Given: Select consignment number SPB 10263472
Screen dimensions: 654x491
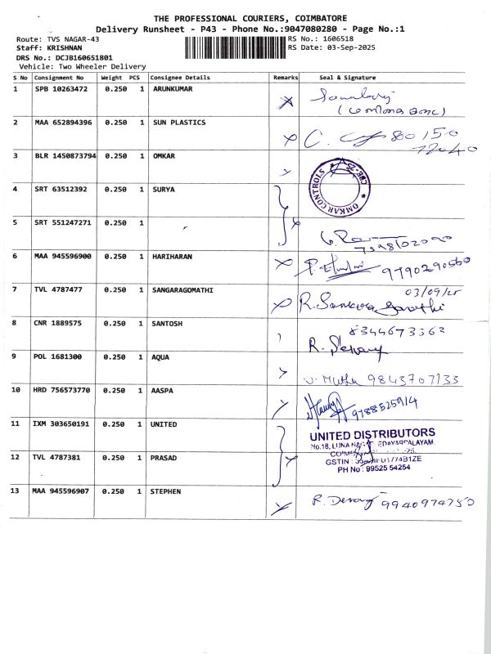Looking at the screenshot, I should (61, 88).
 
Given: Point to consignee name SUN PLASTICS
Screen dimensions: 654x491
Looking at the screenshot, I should (179, 122).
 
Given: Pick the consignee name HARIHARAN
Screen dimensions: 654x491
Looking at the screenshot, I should (173, 256).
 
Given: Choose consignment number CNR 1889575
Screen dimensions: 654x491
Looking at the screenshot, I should (57, 323).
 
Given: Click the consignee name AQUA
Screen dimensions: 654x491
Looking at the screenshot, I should (162, 356).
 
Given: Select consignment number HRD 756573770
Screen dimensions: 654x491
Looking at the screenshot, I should (63, 390).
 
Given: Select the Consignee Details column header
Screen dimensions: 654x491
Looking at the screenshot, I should (180, 78).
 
